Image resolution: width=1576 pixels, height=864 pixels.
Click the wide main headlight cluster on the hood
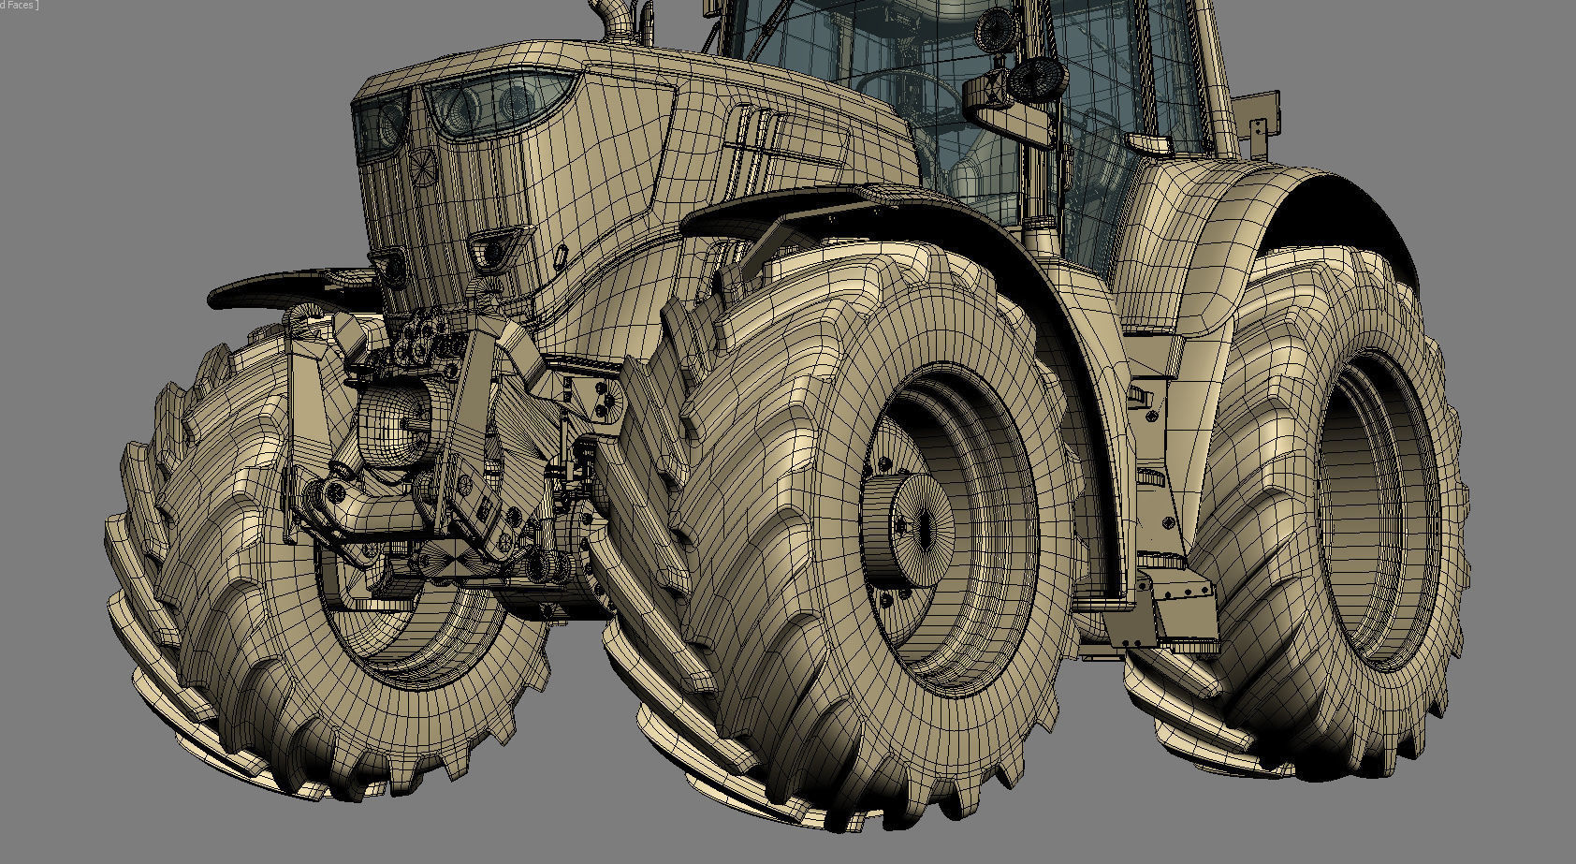click(496, 101)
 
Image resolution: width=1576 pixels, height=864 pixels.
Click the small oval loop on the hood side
click(561, 255)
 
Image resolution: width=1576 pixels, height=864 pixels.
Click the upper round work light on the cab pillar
click(991, 33)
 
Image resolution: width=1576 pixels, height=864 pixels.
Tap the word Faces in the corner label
click(21, 6)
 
